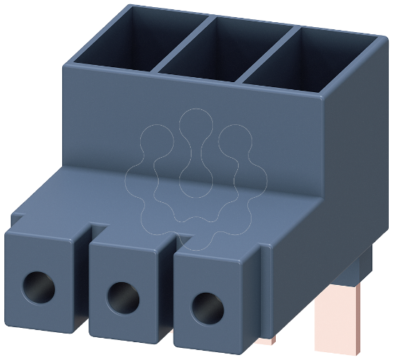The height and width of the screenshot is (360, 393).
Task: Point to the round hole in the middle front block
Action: click(x=120, y=294)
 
